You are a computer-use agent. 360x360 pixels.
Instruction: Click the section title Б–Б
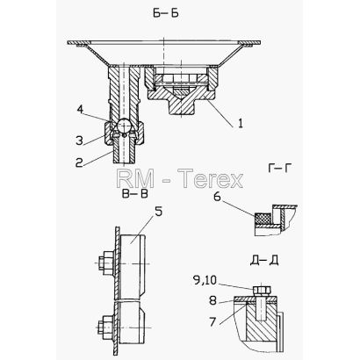coord(165,13)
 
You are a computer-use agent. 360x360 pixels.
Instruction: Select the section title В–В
coord(134,194)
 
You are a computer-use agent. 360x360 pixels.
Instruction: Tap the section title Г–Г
coord(279,168)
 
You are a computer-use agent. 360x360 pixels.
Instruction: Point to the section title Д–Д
coord(264,260)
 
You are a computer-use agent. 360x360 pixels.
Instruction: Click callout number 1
coord(240,124)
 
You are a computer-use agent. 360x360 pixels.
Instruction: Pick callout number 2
coord(79,163)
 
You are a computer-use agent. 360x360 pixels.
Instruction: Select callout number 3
coord(80,140)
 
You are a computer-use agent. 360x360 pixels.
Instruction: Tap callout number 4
coord(80,110)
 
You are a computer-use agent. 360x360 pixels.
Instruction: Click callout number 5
coord(158,212)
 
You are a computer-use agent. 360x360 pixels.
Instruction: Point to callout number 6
coord(217,197)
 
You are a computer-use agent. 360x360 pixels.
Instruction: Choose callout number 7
coord(212,321)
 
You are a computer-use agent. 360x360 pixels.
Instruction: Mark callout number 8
coord(212,300)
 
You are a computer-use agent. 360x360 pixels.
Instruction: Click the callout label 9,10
coord(205,281)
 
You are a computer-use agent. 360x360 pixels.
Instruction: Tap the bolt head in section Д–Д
coord(262,291)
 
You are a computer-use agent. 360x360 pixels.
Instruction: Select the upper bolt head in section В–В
coord(104,263)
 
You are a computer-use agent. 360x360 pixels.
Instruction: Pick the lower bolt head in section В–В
coord(104,328)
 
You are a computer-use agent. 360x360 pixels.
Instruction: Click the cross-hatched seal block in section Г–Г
coord(262,219)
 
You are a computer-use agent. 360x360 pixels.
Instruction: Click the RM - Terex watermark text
coord(180,178)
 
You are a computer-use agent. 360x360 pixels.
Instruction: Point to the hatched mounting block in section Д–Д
coord(261,321)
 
